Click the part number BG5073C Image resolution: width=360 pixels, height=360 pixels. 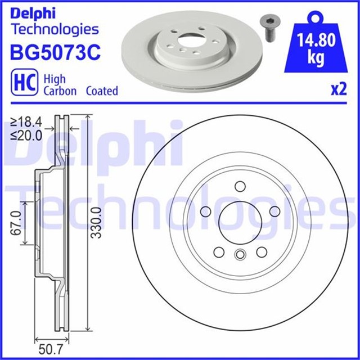click(x=55, y=53)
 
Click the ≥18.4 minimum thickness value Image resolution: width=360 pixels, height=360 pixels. click(x=27, y=122)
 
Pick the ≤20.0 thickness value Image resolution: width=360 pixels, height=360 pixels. click(x=27, y=136)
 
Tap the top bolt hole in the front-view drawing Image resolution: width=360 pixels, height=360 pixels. click(x=240, y=187)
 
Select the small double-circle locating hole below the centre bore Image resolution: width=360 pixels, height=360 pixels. click(x=240, y=255)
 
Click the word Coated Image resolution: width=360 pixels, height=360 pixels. click(x=102, y=91)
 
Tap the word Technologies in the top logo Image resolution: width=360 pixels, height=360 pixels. click(x=55, y=29)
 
